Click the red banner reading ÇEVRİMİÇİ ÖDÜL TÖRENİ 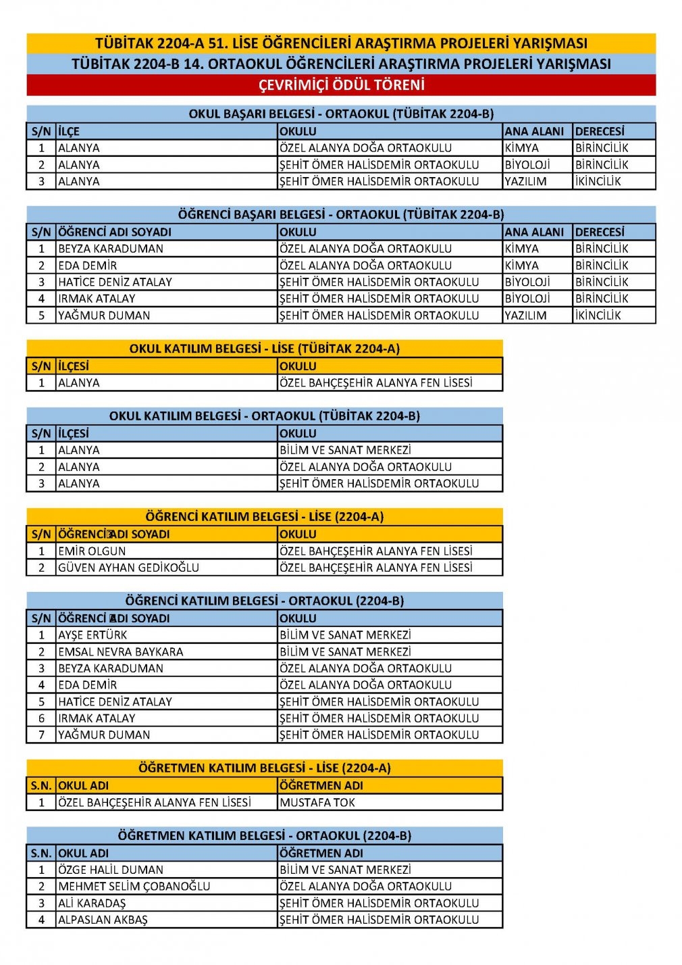pyautogui.click(x=341, y=85)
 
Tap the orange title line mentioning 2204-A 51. pyautogui.click(x=341, y=43)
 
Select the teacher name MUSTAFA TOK pyautogui.click(x=317, y=803)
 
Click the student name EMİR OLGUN pyautogui.click(x=92, y=551)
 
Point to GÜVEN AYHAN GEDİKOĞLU pyautogui.click(x=128, y=568)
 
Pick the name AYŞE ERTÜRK pyautogui.click(x=93, y=635)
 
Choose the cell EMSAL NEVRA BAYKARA pyautogui.click(x=121, y=652)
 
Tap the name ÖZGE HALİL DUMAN pyautogui.click(x=111, y=870)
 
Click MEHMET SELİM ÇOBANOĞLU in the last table pyautogui.click(x=134, y=887)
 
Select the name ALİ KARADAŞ pyautogui.click(x=92, y=904)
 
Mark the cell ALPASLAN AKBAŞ pyautogui.click(x=103, y=920)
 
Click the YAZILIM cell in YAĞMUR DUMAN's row pyautogui.click(x=525, y=316)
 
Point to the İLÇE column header pyautogui.click(x=69, y=132)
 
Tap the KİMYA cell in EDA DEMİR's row pyautogui.click(x=522, y=266)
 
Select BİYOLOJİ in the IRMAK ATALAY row pyautogui.click(x=527, y=299)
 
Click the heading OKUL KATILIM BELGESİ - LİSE pyautogui.click(x=265, y=349)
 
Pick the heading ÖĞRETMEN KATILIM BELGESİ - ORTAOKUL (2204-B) pyautogui.click(x=265, y=836)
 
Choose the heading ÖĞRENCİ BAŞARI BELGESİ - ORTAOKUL pyautogui.click(x=341, y=215)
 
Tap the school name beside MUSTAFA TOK pyautogui.click(x=155, y=803)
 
